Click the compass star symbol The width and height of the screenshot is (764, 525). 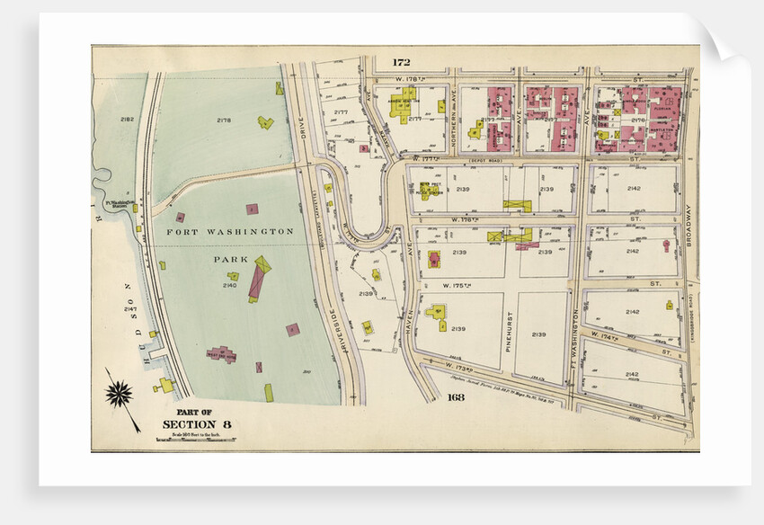pyautogui.click(x=120, y=393)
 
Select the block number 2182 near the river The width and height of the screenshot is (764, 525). pyautogui.click(x=127, y=119)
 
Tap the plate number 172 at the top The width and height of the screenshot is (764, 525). pyautogui.click(x=401, y=62)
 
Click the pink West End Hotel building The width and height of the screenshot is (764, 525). pyautogui.click(x=220, y=355)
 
